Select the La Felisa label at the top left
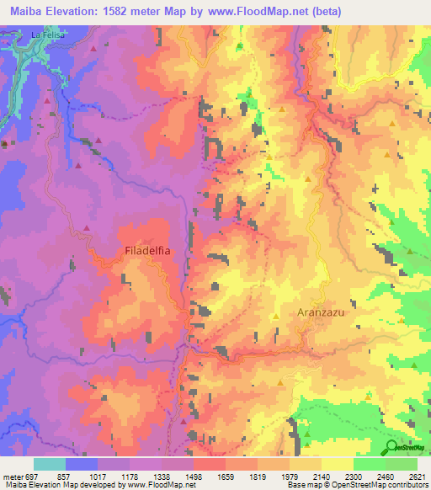click(49, 35)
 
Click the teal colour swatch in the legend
click(50, 464)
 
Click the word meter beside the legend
click(13, 477)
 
